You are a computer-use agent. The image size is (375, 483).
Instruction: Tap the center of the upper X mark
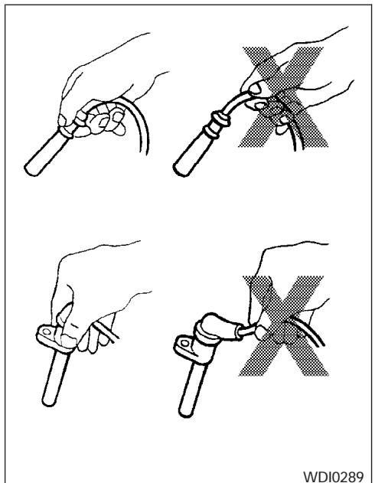click(283, 97)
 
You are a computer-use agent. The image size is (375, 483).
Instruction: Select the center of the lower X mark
click(283, 325)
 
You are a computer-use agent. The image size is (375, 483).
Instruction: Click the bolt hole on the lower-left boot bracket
click(47, 331)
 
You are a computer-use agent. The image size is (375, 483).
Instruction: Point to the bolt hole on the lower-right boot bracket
click(184, 343)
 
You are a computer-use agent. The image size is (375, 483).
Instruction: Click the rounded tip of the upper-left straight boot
click(29, 171)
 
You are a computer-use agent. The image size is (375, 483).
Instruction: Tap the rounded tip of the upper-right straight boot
click(178, 171)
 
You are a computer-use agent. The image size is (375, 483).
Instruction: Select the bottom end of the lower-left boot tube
click(48, 403)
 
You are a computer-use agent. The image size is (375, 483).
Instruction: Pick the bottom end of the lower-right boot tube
click(186, 413)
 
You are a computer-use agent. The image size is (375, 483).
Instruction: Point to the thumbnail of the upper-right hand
click(255, 89)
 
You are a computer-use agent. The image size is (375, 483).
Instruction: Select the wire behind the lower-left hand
click(106, 332)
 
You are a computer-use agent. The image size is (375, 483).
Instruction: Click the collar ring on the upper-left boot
click(66, 132)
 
